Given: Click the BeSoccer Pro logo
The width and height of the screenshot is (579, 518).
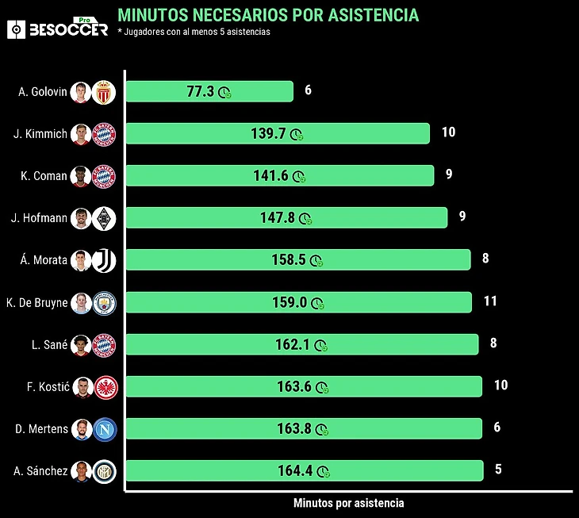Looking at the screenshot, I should [57, 29].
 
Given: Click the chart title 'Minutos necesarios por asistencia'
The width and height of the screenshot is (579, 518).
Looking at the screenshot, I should [268, 15].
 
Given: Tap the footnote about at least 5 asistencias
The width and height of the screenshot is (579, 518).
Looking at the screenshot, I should [194, 32].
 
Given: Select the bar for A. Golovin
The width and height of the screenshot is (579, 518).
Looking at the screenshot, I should [209, 91].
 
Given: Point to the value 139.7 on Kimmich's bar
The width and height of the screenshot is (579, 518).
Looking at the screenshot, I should [267, 134].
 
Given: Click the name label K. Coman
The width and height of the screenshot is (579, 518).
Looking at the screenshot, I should [44, 176].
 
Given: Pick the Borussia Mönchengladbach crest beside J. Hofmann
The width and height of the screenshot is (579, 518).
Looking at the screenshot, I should [105, 218].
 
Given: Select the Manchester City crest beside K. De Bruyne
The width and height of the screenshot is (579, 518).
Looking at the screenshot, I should [105, 302].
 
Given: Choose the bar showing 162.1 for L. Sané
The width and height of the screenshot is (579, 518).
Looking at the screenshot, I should [302, 344].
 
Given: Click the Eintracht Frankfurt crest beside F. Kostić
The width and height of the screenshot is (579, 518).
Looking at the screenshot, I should [105, 386].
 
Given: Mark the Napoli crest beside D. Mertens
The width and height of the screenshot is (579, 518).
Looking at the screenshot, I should [105, 428].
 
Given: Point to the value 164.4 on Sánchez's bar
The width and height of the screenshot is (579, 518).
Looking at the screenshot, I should [294, 470].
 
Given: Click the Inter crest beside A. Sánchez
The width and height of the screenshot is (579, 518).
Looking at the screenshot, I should [105, 470].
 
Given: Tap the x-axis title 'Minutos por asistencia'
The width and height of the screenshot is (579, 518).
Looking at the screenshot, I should [348, 503].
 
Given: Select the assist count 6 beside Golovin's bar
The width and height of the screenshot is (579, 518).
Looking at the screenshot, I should [308, 90].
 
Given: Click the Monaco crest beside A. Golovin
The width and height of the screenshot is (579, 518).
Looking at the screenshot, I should [105, 92].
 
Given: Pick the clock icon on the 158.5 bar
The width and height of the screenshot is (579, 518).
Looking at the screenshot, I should [316, 261].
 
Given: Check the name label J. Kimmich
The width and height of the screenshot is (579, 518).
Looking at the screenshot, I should [40, 134].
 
